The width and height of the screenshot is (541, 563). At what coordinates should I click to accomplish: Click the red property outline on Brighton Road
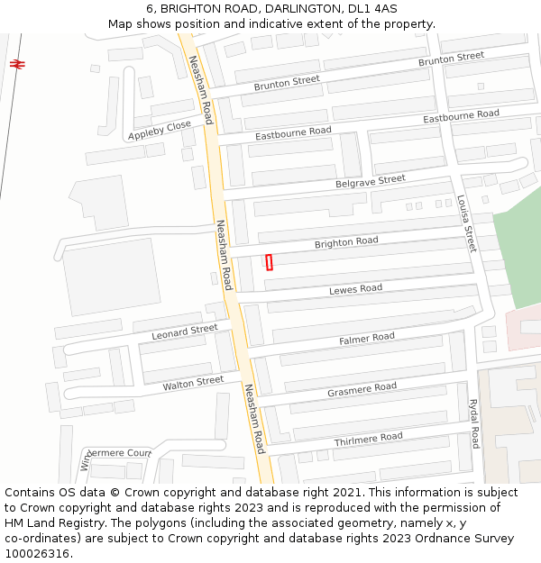[x=269, y=262]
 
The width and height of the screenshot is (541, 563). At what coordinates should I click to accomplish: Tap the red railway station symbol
[x=17, y=63]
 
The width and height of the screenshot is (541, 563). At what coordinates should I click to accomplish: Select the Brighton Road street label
[x=346, y=242]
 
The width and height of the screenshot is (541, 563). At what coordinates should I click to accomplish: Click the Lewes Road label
[x=355, y=289]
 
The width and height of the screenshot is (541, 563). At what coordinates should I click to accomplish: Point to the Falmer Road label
[x=367, y=339]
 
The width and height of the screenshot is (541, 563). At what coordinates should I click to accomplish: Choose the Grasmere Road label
[x=362, y=388]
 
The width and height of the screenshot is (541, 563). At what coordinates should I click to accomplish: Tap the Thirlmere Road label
[x=368, y=438]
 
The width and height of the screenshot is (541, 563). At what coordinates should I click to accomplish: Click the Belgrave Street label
[x=371, y=181]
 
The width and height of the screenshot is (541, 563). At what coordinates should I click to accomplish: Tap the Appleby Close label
[x=160, y=130]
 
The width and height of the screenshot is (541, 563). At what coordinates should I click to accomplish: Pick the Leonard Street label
[x=184, y=332]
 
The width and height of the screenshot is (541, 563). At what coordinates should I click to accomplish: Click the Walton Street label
[x=193, y=383]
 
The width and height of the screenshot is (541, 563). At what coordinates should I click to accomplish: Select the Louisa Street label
[x=466, y=224]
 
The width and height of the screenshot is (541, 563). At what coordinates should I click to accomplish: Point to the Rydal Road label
[x=473, y=424]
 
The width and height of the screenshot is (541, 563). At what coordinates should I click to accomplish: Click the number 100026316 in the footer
[x=38, y=553]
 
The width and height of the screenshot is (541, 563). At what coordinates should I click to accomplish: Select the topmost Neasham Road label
[x=199, y=91]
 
